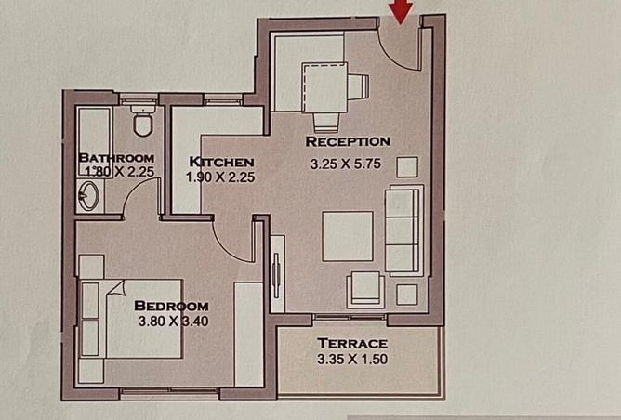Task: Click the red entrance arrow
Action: click(x=402, y=11)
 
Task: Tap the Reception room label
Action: click(x=348, y=141)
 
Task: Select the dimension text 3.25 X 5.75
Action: click(x=349, y=164)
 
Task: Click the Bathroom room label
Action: click(x=116, y=157)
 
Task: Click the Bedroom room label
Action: click(x=171, y=306)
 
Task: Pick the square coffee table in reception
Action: click(x=348, y=236)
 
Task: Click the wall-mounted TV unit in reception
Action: click(x=277, y=269)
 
